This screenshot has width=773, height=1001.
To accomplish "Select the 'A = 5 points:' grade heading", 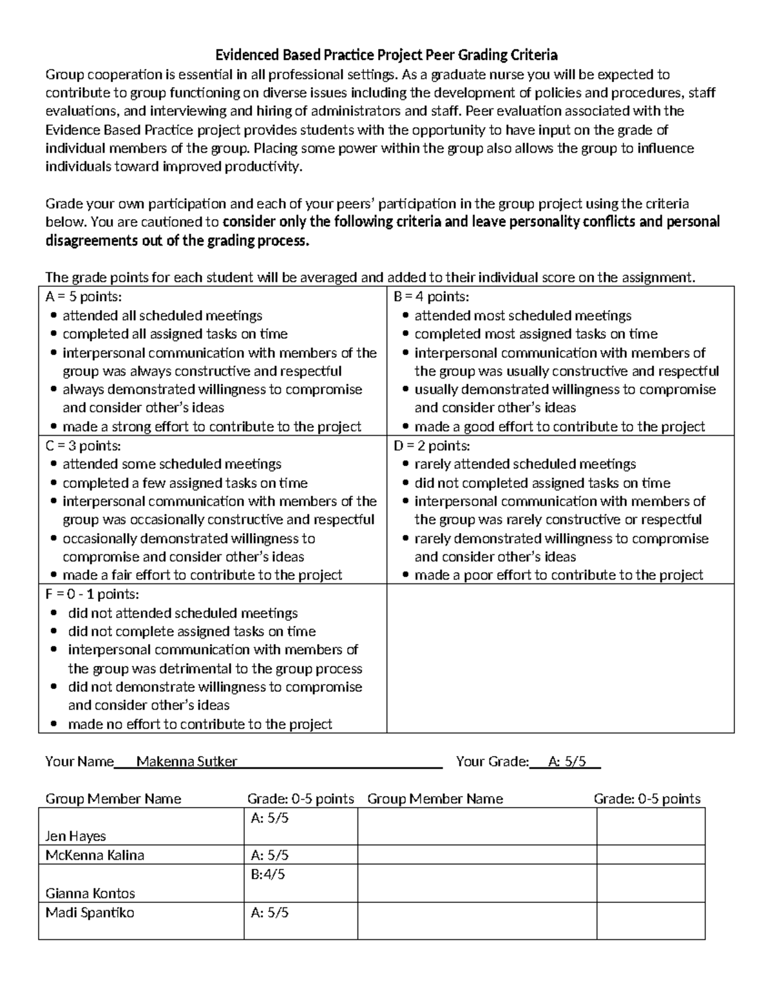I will click(84, 297).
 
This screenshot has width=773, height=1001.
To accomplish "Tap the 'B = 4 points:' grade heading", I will click(431, 297).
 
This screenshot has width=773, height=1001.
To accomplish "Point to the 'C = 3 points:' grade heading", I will click(83, 446).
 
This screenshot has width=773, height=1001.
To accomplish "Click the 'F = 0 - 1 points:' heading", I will click(92, 594).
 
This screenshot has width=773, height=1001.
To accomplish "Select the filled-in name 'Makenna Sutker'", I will click(187, 762).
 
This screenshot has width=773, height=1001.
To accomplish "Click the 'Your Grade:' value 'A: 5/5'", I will click(567, 762).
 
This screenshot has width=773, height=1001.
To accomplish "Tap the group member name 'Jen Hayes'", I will click(75, 837).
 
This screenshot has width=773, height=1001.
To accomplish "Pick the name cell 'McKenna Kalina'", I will click(95, 855).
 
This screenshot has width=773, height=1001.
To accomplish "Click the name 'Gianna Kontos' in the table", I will click(90, 893).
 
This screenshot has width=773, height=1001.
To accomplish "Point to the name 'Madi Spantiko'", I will click(90, 913).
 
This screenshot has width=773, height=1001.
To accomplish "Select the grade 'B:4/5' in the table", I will click(268, 875).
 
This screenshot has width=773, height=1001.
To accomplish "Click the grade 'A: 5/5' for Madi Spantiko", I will click(269, 913).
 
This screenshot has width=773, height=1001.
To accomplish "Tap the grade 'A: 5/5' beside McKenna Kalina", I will click(269, 855).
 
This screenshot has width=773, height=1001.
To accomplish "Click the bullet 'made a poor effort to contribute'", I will click(558, 575).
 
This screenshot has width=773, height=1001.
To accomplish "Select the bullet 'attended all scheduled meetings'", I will click(162, 316).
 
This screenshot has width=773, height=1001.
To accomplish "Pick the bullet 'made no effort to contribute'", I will click(200, 724).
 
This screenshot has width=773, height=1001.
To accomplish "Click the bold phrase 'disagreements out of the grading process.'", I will click(177, 241).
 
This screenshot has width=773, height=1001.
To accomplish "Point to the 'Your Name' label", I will click(79, 762).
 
